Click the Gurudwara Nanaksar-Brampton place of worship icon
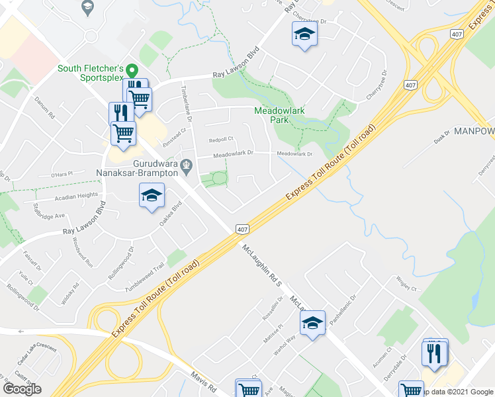click(x=187, y=163)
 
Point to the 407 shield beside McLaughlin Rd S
click(x=243, y=228)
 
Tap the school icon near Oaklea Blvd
click(x=152, y=195)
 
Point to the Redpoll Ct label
click(x=222, y=140)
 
